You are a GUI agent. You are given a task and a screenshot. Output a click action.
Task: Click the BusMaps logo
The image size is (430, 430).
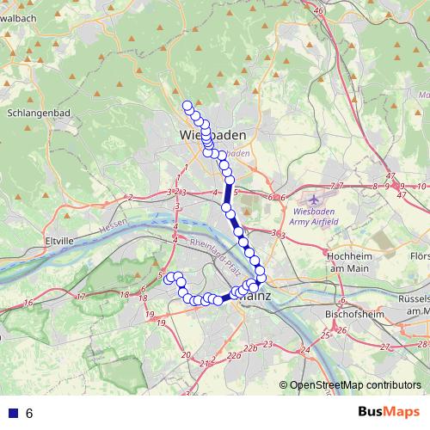tap(390, 413)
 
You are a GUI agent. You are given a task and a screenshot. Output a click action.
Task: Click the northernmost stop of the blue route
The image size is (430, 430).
tap(187, 107)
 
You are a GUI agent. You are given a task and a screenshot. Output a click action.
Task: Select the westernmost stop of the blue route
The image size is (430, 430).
tap(169, 278)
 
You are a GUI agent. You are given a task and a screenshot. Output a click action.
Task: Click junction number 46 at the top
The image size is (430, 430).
tap(319, 10)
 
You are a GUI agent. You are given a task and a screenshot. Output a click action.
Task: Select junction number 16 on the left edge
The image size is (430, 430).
tap(28, 302)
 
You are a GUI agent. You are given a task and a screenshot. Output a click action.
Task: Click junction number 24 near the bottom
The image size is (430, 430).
tap(305, 351)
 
